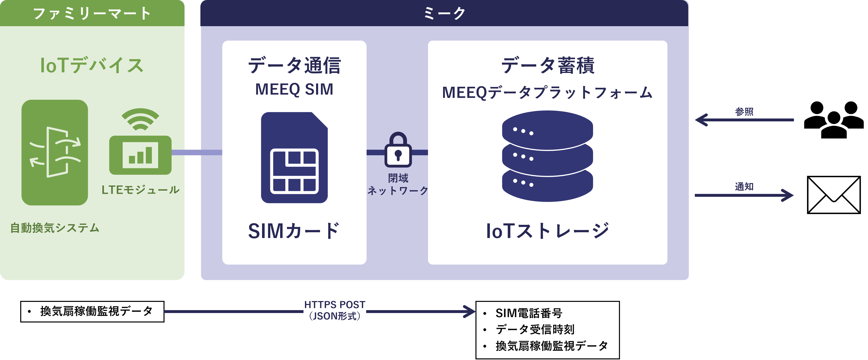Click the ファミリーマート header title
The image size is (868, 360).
click(x=92, y=13)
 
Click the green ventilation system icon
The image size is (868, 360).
click(x=55, y=152)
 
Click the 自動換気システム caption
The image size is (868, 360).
click(x=55, y=228)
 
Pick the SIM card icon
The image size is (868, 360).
click(x=294, y=158)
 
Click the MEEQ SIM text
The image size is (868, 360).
click(x=294, y=89)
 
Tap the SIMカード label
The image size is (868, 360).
click(x=294, y=231)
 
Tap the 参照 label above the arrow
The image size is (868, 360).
click(x=744, y=111)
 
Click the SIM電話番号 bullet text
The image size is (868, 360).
click(x=529, y=313)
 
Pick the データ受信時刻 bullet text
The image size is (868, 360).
click(x=535, y=329)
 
